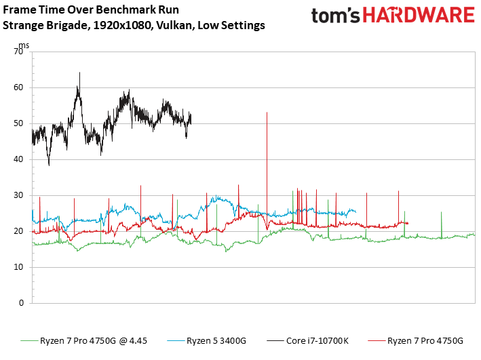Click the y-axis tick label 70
(x=18, y=52)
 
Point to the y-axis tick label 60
(x=18, y=87)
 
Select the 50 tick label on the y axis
(x=18, y=123)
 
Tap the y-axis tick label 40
(x=18, y=159)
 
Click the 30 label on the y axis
(x=18, y=195)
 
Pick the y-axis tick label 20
(x=18, y=231)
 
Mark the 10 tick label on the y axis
(x=18, y=267)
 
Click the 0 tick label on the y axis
(x=21, y=303)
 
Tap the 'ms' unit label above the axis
(x=24, y=45)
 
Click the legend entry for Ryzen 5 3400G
(x=207, y=341)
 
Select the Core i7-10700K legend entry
(x=308, y=341)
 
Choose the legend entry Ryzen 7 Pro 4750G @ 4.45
(x=83, y=341)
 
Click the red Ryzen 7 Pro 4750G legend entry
(x=415, y=341)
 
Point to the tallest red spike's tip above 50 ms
(x=267, y=113)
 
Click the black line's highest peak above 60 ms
(x=80, y=73)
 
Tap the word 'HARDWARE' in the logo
(x=419, y=16)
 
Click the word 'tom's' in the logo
(x=335, y=16)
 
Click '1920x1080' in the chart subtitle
(x=122, y=25)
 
